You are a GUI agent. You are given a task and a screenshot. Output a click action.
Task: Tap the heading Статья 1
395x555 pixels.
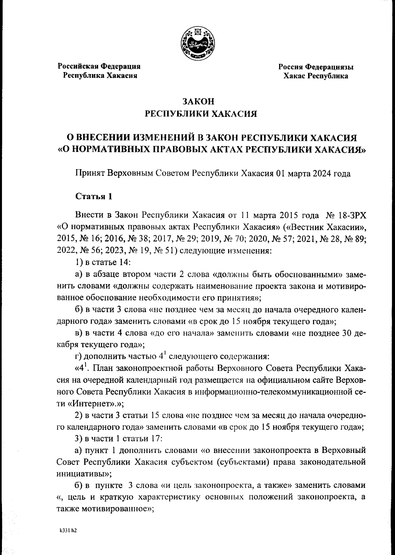point(94,197)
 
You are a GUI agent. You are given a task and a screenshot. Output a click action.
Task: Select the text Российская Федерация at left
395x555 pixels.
point(99,66)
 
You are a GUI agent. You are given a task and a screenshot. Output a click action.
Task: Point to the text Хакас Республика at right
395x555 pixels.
point(316,76)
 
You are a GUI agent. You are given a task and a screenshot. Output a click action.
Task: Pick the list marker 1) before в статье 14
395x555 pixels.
point(79,262)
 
